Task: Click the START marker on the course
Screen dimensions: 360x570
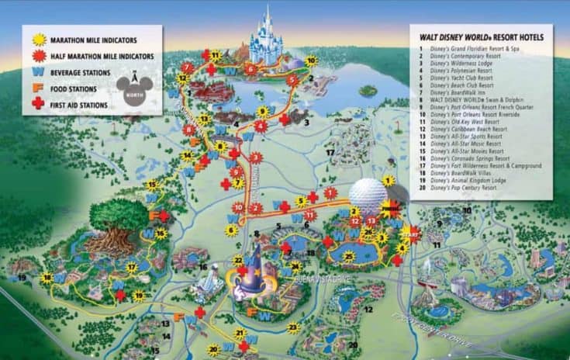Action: (411, 233)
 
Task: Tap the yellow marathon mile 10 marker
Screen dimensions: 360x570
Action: (310, 60)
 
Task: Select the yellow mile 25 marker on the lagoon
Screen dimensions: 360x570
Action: (350, 257)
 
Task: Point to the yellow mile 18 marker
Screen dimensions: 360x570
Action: (47, 277)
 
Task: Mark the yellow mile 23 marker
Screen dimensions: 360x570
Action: (293, 328)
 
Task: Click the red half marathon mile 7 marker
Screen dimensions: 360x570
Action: (186, 68)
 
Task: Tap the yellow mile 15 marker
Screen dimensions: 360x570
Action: (152, 185)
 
